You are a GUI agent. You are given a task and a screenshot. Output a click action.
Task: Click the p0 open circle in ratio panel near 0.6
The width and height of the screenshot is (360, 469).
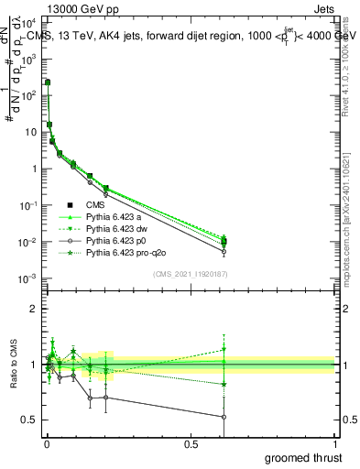224,417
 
